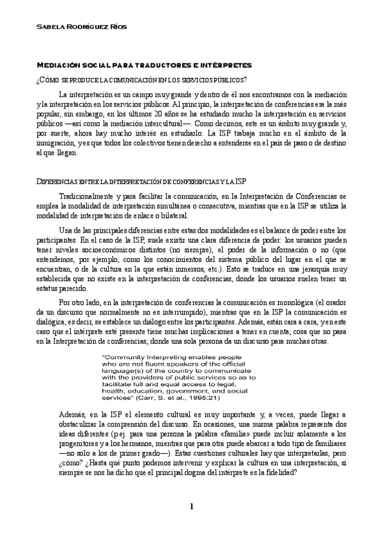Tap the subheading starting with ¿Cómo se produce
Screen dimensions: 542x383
click(x=141, y=79)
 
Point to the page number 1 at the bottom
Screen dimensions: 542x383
click(x=191, y=507)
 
